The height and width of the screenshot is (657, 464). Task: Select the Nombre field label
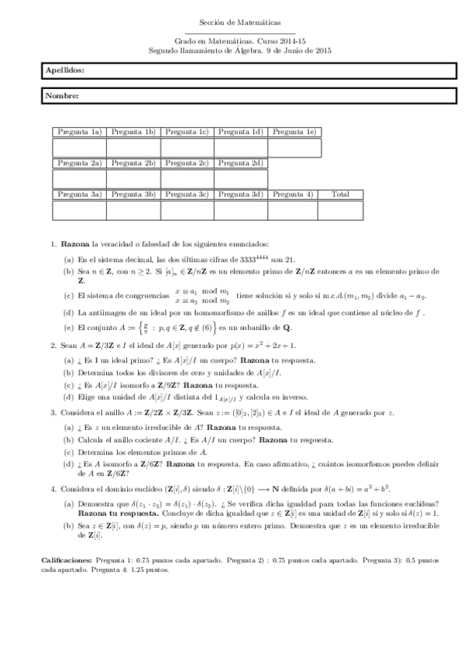(63, 97)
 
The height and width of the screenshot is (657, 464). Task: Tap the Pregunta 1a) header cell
(79, 132)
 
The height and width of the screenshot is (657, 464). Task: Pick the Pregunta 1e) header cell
(294, 132)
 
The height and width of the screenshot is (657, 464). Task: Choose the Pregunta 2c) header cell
(187, 163)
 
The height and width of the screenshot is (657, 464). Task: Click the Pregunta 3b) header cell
(133, 194)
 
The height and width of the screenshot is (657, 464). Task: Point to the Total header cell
(340, 194)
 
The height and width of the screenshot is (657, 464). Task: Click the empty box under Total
(340, 210)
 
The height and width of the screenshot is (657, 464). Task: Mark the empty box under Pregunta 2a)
(79, 179)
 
